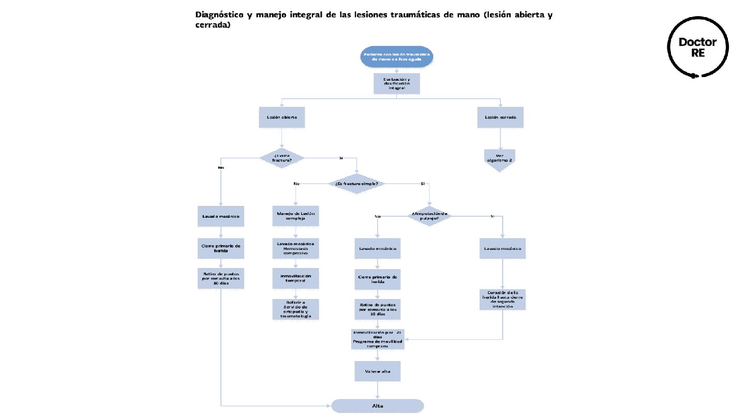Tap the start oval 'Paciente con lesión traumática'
tap(396, 56)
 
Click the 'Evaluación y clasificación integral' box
tap(396, 83)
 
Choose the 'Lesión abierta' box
tap(281, 117)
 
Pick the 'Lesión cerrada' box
tap(500, 117)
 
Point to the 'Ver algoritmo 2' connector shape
tap(500, 159)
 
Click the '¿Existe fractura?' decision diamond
tap(281, 157)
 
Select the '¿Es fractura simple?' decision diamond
tap(356, 184)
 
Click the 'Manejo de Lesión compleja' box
tap(295, 216)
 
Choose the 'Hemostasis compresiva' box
tap(295, 248)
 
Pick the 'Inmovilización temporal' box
tap(295, 278)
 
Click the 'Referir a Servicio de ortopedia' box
tap(295, 309)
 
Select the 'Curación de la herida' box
tap(502, 300)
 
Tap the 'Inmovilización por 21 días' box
tap(377, 339)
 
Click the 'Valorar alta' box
tap(378, 371)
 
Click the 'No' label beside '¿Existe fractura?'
tap(221, 168)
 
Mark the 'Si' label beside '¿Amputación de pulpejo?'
tap(492, 216)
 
